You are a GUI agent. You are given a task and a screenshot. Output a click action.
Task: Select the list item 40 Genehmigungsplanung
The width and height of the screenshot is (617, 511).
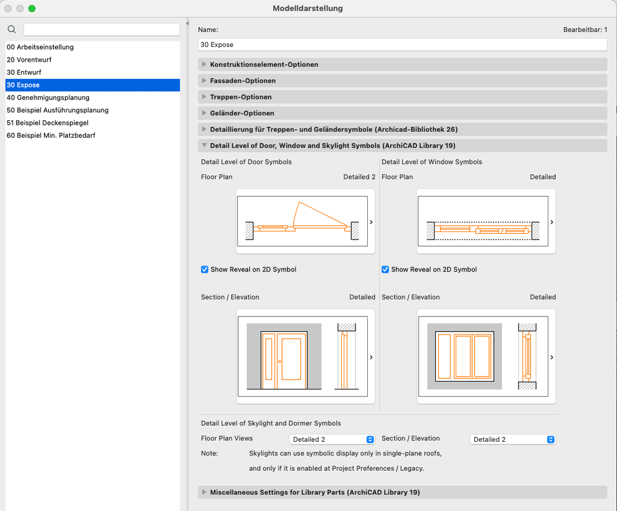click(48, 98)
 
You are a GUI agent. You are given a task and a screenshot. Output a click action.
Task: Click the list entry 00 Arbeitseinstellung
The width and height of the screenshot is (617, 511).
click(40, 47)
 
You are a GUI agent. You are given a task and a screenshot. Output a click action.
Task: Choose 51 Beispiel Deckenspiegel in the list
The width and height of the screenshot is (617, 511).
click(48, 123)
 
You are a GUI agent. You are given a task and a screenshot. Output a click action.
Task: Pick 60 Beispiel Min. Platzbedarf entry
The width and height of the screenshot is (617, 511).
click(51, 135)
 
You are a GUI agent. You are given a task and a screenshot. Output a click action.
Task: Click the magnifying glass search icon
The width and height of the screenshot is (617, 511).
click(12, 30)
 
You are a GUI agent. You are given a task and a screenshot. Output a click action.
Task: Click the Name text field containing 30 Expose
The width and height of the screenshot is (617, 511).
click(402, 45)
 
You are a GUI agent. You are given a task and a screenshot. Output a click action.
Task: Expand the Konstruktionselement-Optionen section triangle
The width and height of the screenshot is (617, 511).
click(204, 64)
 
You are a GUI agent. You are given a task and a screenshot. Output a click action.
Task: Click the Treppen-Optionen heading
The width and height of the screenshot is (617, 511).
click(241, 97)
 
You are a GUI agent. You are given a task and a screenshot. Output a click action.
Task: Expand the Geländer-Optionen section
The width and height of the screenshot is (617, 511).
click(204, 113)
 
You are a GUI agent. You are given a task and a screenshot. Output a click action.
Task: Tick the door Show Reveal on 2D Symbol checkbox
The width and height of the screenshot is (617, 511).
click(205, 270)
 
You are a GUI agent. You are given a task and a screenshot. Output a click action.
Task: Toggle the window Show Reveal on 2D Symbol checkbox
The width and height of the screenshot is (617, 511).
click(385, 270)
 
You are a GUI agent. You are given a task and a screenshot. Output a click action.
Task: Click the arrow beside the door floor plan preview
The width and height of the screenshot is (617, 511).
click(371, 222)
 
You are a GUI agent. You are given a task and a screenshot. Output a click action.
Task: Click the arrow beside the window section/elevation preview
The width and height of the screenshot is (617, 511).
click(551, 357)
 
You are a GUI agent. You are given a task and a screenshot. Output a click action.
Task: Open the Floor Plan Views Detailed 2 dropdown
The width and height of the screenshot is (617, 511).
click(331, 439)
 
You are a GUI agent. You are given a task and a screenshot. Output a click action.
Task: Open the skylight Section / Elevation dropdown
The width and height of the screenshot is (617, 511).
click(513, 439)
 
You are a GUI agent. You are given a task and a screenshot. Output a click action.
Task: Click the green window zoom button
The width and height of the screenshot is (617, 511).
click(32, 8)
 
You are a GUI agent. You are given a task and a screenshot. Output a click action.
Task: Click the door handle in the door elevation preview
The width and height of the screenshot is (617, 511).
click(280, 362)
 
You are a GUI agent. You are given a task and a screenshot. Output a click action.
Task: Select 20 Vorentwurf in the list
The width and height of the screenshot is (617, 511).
click(29, 60)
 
